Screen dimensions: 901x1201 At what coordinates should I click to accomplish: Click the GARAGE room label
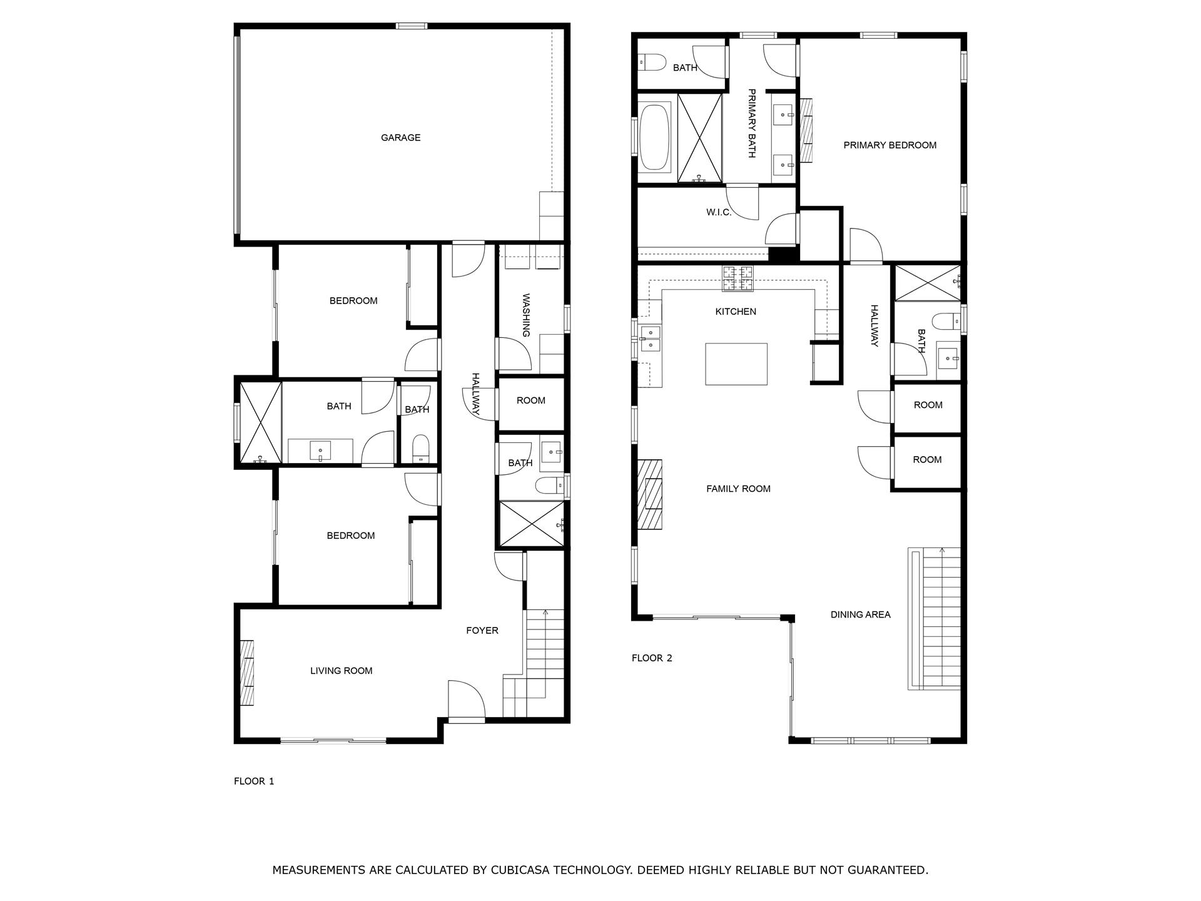(x=400, y=138)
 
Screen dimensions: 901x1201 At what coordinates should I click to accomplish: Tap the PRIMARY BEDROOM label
(x=889, y=145)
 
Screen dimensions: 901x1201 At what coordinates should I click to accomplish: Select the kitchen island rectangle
(x=736, y=364)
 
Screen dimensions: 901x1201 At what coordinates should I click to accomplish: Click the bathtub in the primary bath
(x=654, y=138)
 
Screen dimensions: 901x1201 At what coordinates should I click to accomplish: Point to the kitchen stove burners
(x=738, y=278)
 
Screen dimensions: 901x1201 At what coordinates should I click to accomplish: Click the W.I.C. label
(x=719, y=212)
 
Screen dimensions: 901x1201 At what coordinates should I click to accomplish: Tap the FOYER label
(x=482, y=630)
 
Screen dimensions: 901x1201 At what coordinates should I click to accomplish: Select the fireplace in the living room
(x=248, y=673)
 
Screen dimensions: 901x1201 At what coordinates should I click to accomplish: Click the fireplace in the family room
(x=650, y=494)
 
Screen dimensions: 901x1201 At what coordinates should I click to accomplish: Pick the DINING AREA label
(x=860, y=614)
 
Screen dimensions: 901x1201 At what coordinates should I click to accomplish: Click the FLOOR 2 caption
(x=651, y=658)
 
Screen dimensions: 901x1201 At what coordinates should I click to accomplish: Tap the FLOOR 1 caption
(x=253, y=781)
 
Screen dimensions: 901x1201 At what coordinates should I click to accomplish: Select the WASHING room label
(x=525, y=315)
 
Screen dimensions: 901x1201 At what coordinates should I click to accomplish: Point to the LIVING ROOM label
(x=341, y=671)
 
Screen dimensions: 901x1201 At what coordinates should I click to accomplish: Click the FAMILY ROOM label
(x=738, y=489)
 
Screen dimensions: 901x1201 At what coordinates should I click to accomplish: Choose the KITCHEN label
(x=736, y=312)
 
